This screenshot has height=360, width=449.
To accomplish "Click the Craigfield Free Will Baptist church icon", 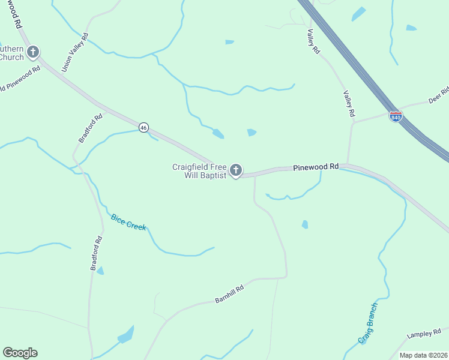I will [x=236, y=171].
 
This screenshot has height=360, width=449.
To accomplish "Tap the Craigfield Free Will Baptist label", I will [x=199, y=171].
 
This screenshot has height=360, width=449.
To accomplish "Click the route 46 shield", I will [x=143, y=127].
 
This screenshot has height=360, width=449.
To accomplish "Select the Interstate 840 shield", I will [x=396, y=116].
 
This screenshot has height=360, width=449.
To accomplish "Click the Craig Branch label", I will [x=367, y=323].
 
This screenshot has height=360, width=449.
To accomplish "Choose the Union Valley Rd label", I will [x=75, y=53].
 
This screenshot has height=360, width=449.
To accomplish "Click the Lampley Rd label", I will [x=424, y=333].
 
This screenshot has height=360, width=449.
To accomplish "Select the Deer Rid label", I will [x=439, y=96].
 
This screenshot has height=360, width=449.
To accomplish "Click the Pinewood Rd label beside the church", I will [x=316, y=167].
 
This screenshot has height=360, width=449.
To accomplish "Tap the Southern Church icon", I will [x=33, y=52].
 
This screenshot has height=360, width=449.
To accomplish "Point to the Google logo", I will [x=20, y=353].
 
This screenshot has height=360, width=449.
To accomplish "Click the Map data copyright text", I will [x=423, y=355].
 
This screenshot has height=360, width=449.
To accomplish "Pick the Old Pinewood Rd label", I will [x=20, y=79].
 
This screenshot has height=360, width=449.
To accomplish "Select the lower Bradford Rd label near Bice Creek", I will [x=97, y=253].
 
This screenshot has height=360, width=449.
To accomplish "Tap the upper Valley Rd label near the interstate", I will [x=313, y=42].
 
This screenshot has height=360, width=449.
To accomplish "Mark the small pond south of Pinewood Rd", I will [x=305, y=224].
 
